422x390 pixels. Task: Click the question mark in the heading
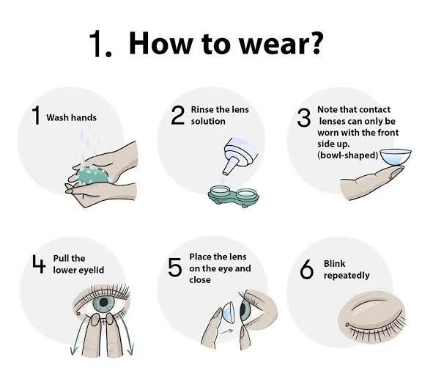point(314,43)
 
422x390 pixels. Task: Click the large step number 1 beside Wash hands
point(36,116)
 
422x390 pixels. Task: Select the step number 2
point(178,116)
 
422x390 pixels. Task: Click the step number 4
point(39,264)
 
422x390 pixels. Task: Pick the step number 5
point(174,268)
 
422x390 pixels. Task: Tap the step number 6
point(306,269)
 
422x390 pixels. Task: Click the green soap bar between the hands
point(93,174)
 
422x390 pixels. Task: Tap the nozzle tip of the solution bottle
point(226,173)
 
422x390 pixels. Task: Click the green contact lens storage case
point(233,196)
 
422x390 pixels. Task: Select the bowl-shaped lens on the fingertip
point(396,156)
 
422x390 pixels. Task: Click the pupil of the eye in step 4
point(103,303)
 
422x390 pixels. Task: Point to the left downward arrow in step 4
point(76,334)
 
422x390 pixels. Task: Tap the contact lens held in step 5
point(228,313)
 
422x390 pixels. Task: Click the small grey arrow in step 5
point(227,331)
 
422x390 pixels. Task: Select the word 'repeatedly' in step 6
point(347,276)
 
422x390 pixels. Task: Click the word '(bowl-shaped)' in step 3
point(348,155)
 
